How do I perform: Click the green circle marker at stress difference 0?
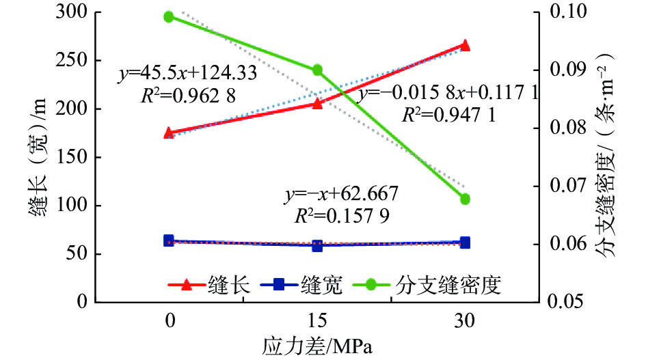(170, 17)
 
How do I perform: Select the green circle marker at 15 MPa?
(317, 70)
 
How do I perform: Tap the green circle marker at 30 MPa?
(466, 199)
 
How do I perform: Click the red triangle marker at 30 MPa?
(466, 45)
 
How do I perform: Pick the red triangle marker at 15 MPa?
(317, 103)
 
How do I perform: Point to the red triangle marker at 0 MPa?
(170, 133)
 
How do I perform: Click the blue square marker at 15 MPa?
(317, 245)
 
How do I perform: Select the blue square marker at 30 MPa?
(466, 243)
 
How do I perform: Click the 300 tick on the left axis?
(71, 12)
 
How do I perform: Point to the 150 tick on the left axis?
(71, 157)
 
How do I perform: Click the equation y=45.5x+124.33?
(187, 74)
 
